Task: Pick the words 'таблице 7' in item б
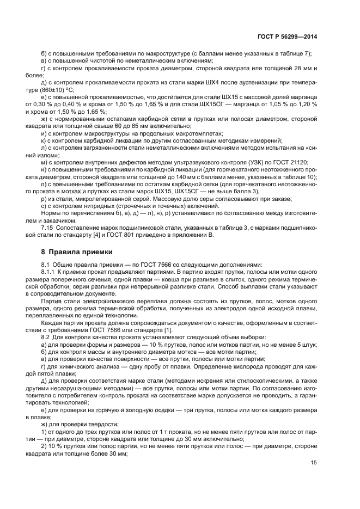tap(295, 53)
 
